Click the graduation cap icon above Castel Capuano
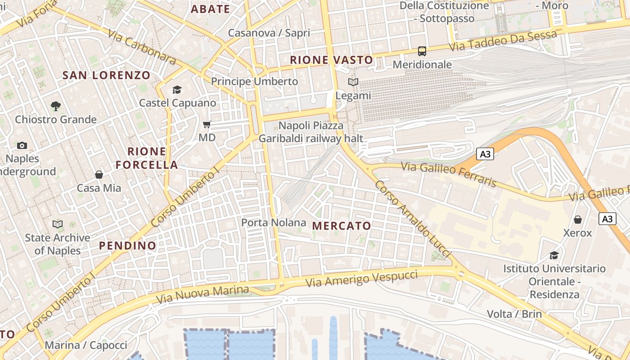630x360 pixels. pos(177,90)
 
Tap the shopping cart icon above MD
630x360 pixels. pos(207,124)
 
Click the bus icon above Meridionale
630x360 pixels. pos(422,51)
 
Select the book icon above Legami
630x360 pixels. pos(353,82)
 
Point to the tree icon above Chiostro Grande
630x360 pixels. pos(56,106)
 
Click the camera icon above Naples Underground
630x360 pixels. pos(22,145)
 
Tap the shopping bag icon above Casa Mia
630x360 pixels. pos(99,175)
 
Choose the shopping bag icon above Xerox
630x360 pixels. pos(578,220)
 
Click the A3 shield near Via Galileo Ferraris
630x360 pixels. pos(485,154)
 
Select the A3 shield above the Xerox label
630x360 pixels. pos(607,219)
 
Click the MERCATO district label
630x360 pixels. pos(342,226)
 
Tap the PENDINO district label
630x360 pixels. pos(128,246)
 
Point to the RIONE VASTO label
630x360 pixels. pos(331,60)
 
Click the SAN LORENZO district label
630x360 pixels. pos(106,75)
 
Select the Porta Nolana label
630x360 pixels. pos(274,222)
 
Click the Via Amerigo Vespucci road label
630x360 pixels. pos(361,279)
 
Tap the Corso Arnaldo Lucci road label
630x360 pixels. pos(413,219)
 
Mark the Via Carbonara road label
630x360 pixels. pos(142,47)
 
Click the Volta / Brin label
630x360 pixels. pos(514,314)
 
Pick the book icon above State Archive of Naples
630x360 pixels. pos(58,224)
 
